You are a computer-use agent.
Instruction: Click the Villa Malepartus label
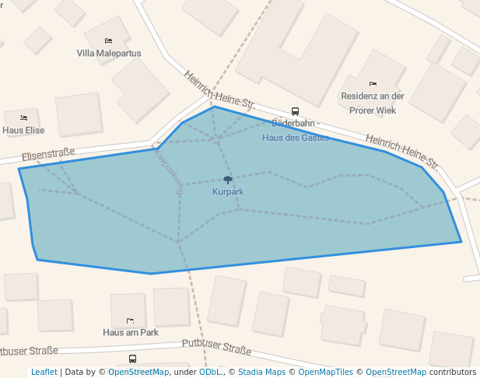(x=109, y=54)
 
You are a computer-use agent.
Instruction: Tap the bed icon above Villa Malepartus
(x=108, y=40)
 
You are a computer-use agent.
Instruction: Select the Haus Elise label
(x=23, y=130)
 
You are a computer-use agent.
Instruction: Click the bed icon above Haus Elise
(x=23, y=117)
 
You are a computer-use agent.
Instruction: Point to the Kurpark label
(x=227, y=191)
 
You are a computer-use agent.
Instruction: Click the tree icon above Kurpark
(x=228, y=180)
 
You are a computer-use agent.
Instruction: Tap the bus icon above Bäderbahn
(x=295, y=111)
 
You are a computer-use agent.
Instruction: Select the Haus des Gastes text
(x=295, y=138)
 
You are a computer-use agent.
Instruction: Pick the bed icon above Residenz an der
(x=373, y=84)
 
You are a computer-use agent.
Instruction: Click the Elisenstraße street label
(x=48, y=155)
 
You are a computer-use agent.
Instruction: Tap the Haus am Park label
(x=131, y=332)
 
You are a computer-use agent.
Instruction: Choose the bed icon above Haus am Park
(x=130, y=320)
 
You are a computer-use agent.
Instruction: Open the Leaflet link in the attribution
(x=44, y=373)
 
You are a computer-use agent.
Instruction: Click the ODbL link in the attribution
(x=210, y=373)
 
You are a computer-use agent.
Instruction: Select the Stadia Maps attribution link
(x=261, y=373)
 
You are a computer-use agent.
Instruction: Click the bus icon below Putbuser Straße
(x=132, y=359)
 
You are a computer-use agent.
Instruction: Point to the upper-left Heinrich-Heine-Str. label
(x=219, y=89)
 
